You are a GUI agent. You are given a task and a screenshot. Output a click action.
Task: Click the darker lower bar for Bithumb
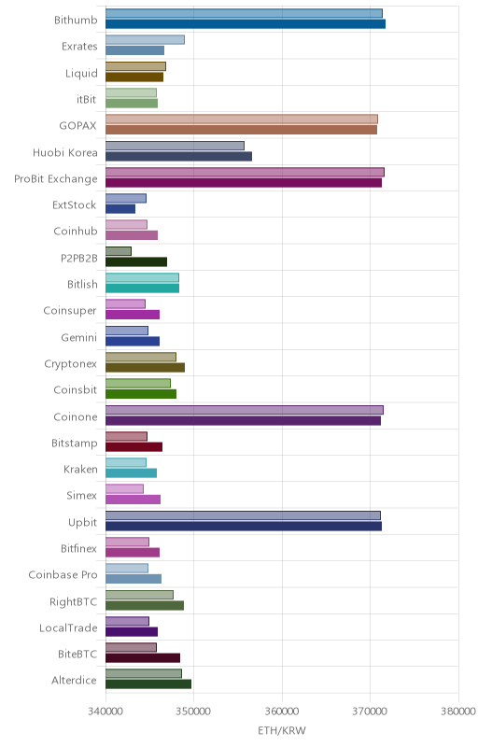click(246, 24)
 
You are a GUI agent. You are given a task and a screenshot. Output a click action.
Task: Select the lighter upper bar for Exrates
click(145, 40)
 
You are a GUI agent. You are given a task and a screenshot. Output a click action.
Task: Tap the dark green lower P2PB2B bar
click(136, 261)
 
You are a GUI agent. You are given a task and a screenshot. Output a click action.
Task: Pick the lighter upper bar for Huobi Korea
click(175, 146)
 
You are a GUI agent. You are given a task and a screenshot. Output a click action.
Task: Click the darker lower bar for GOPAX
click(242, 130)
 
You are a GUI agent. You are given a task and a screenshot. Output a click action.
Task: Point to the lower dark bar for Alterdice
click(148, 684)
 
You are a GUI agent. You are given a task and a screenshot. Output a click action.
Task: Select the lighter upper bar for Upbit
click(243, 515)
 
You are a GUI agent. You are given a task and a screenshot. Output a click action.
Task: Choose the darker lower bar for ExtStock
click(120, 208)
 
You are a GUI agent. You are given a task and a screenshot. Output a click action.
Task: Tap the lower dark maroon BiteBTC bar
click(143, 658)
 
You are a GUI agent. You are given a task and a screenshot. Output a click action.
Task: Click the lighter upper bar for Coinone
click(245, 410)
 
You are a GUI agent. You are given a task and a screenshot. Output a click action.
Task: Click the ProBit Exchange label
click(56, 179)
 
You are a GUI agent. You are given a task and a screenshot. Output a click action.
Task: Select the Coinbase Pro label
click(63, 575)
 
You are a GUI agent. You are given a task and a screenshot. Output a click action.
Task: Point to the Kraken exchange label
click(80, 470)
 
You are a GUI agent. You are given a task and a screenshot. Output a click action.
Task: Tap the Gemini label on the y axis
click(79, 337)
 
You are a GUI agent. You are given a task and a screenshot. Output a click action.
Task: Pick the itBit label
click(86, 99)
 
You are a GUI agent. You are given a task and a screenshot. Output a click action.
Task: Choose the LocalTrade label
click(68, 627)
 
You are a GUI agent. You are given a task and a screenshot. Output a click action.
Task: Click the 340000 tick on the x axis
click(105, 712)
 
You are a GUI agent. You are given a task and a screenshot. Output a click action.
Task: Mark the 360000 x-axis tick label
click(282, 712)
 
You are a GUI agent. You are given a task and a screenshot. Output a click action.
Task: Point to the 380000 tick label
click(458, 712)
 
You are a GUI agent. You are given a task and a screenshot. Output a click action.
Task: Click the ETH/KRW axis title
click(282, 730)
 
